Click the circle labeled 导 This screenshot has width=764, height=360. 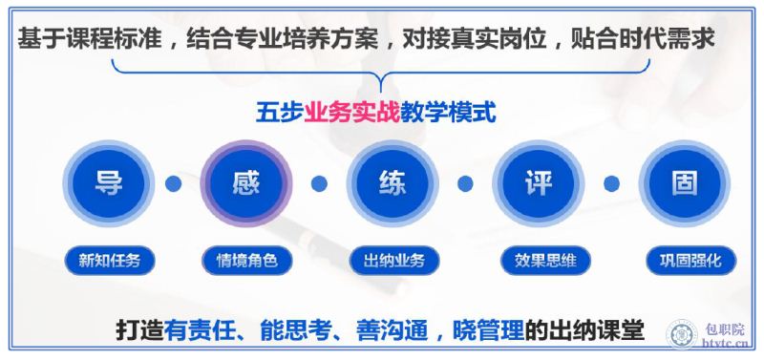click(x=109, y=183)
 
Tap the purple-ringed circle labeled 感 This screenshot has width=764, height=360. click(x=246, y=183)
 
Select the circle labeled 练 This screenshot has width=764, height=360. click(x=393, y=183)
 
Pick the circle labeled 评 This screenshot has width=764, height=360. click(x=539, y=183)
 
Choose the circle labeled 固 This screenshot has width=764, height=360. click(x=685, y=183)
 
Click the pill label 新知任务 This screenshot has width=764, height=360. click(x=110, y=261)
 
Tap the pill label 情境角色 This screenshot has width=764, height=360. click(x=247, y=261)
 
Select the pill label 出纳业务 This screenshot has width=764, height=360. click(x=394, y=261)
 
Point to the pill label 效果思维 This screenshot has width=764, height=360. click(x=545, y=261)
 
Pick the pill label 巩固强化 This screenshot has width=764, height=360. click(x=691, y=261)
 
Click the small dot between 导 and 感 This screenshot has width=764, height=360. click(x=173, y=183)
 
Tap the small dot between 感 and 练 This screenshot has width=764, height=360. click(x=319, y=183)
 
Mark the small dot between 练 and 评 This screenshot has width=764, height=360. click(x=465, y=183)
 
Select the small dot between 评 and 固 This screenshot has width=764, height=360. click(x=611, y=183)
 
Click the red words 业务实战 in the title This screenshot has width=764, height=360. click(x=351, y=113)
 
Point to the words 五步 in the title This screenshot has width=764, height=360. click(x=280, y=113)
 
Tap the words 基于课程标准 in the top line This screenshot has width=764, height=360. click(x=89, y=38)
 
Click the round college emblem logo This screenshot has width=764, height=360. click(x=682, y=335)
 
